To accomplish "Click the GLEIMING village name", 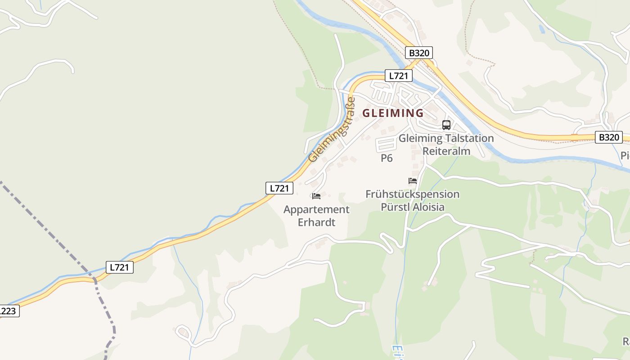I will click(x=393, y=113).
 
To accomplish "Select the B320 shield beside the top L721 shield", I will click(x=419, y=53).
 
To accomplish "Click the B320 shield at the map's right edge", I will click(x=608, y=137).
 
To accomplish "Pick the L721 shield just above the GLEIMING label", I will click(x=398, y=76).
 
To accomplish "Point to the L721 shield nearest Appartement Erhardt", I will click(x=279, y=188).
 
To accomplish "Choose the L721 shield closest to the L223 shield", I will click(x=120, y=267).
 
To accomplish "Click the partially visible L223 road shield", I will click(x=8, y=311).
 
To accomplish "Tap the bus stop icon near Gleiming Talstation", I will click(x=446, y=125).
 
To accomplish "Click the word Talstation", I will click(x=469, y=138).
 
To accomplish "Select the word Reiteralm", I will click(x=446, y=151).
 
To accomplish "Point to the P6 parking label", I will click(x=387, y=158).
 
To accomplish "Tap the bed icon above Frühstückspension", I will click(x=413, y=181).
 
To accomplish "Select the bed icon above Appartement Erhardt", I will click(x=316, y=196).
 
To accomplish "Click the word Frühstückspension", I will click(x=413, y=194).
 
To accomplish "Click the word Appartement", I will click(x=316, y=210).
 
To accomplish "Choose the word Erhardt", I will click(x=316, y=222).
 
